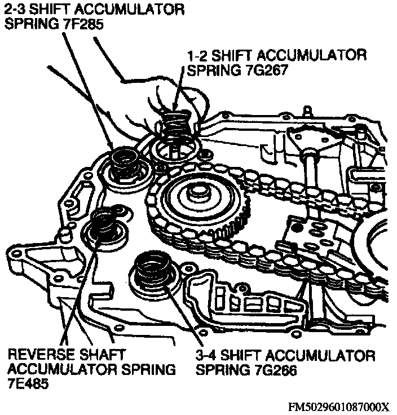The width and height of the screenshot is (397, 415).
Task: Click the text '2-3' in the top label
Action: [15, 10]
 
